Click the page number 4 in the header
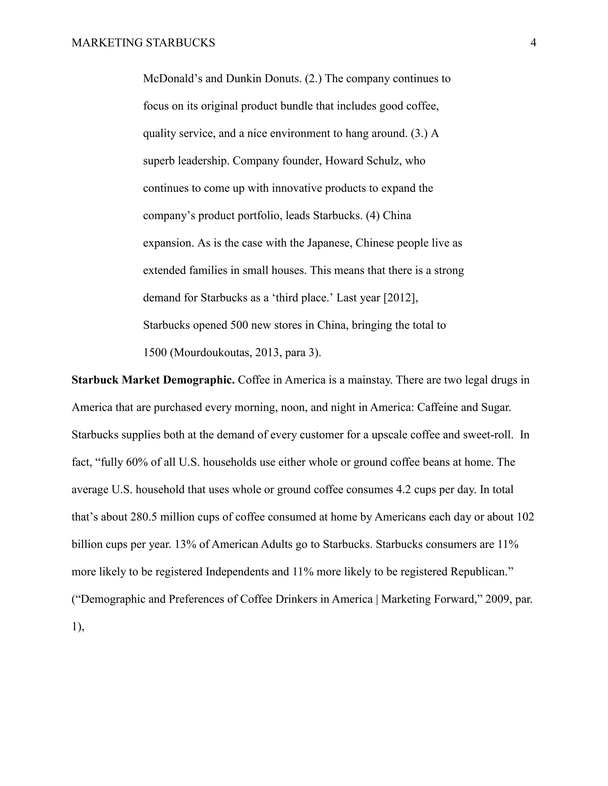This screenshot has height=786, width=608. (x=533, y=43)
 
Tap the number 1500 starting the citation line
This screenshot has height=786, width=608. (x=155, y=352)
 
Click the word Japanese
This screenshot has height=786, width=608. (x=330, y=243)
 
